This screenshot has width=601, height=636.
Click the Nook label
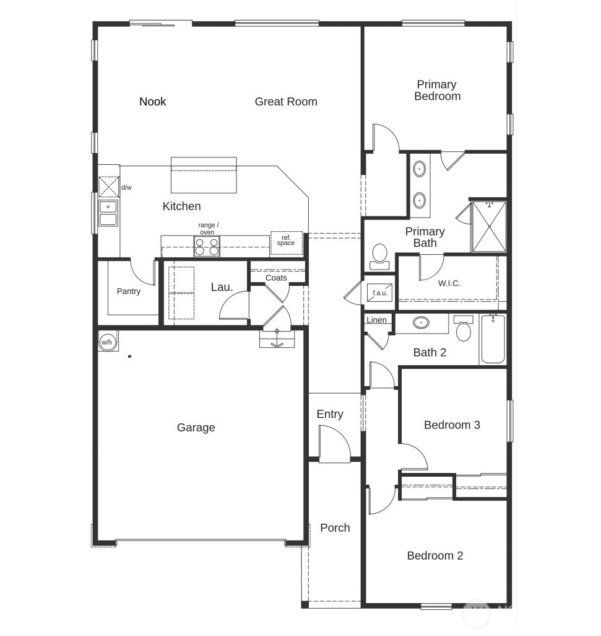pyautogui.click(x=152, y=102)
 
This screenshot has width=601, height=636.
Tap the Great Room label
pyautogui.click(x=285, y=102)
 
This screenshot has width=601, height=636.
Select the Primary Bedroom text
pyautogui.click(x=437, y=91)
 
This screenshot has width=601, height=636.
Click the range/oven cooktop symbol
pyautogui.click(x=207, y=247)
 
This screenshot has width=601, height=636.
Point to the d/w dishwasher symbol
pyautogui.click(x=109, y=187)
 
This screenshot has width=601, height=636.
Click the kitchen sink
pyautogui.click(x=108, y=213)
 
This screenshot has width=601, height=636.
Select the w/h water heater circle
pyautogui.click(x=107, y=342)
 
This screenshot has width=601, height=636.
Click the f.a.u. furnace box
pyautogui.click(x=379, y=293)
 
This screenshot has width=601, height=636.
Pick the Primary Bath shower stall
pyautogui.click(x=489, y=226)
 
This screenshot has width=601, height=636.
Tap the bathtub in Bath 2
pyautogui.click(x=493, y=340)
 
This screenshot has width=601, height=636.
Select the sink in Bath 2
pyautogui.click(x=422, y=323)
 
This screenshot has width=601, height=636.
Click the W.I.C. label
pyautogui.click(x=449, y=283)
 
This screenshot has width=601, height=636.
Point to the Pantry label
pyautogui.click(x=129, y=291)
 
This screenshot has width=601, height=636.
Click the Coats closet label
pyautogui.click(x=276, y=278)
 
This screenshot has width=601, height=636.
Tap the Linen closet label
pyautogui.click(x=376, y=320)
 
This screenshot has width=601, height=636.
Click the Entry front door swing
pyautogui.click(x=334, y=443)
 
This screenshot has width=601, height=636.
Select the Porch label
pyautogui.click(x=335, y=528)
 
